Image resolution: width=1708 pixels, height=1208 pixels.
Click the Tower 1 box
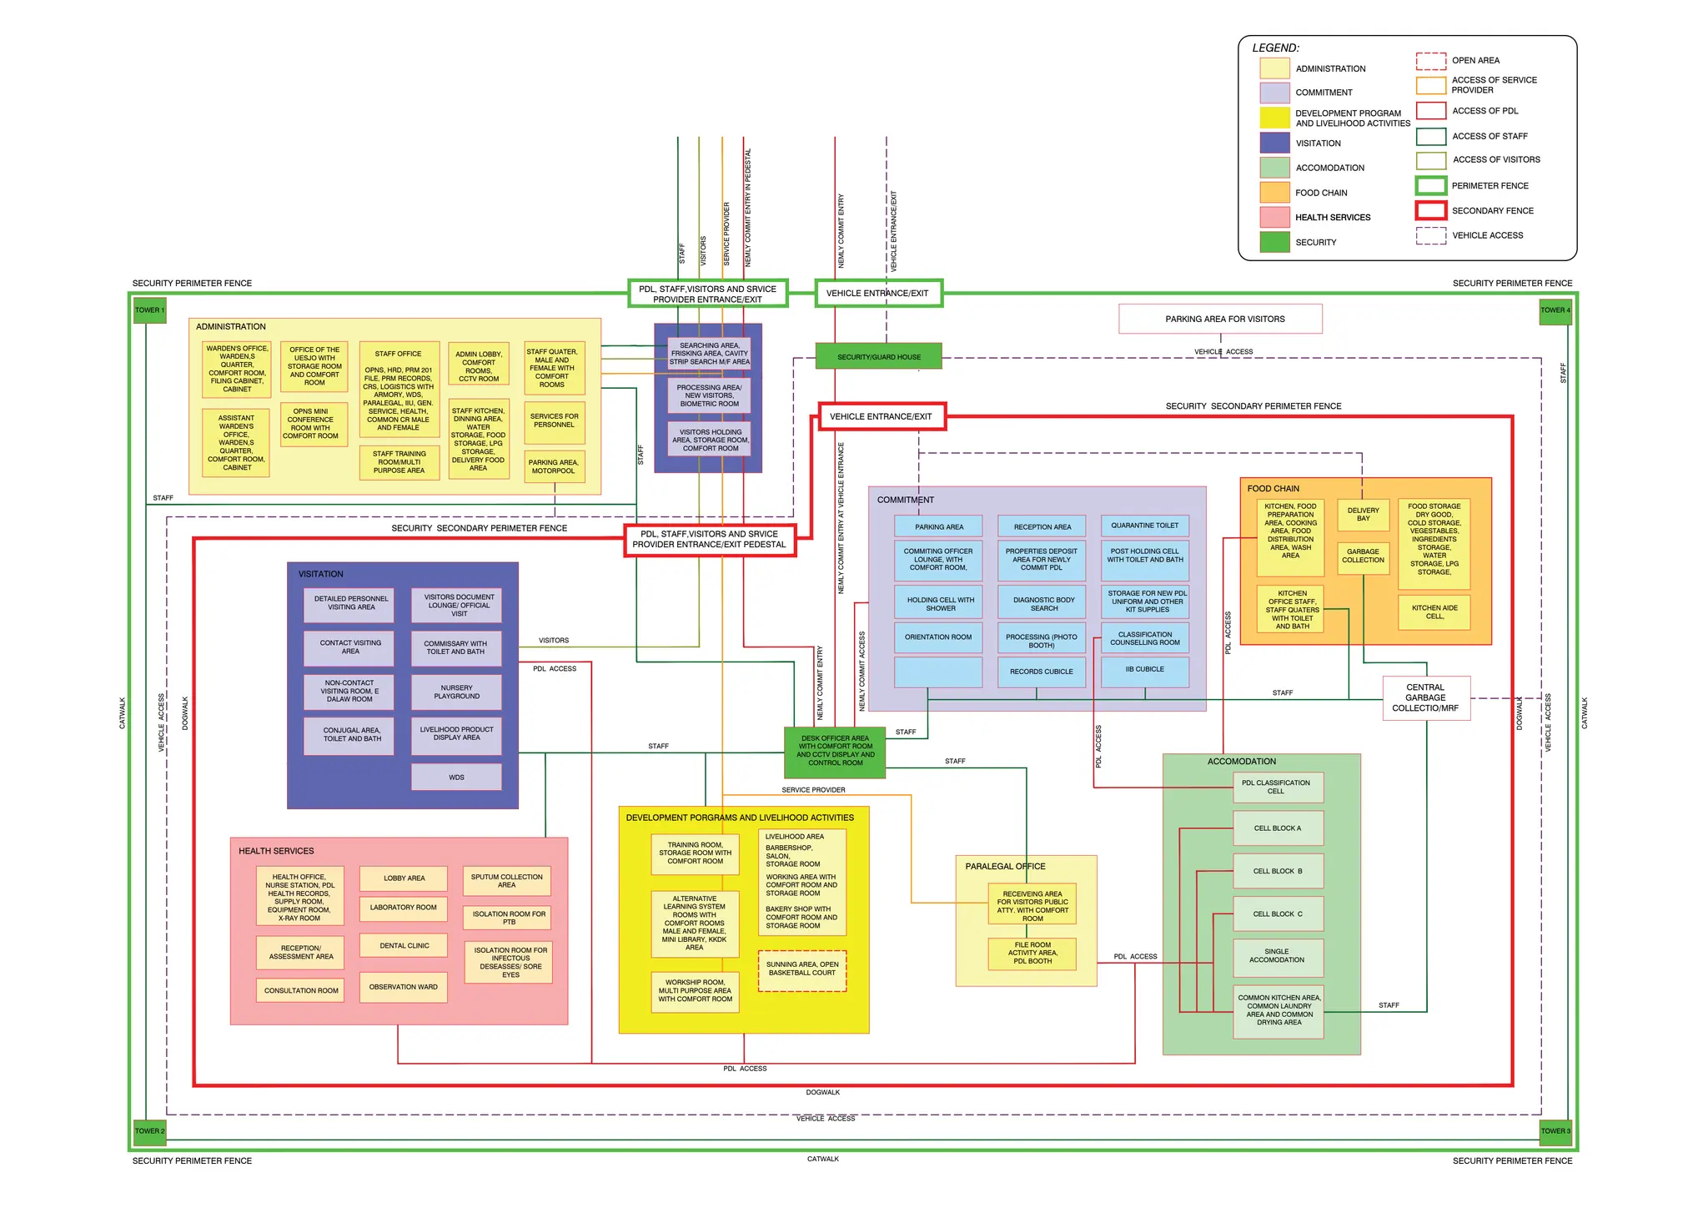pos(149,310)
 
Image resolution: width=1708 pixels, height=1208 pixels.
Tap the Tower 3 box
pos(1555,1131)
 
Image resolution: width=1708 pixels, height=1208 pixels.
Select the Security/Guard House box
pos(878,356)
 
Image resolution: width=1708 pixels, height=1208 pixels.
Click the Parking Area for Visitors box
pos(1220,319)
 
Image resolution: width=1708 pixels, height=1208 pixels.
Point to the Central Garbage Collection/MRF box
pos(1425,698)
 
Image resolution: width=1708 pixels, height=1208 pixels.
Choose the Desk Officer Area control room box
pos(835,751)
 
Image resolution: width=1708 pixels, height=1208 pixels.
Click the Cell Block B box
pos(1278,871)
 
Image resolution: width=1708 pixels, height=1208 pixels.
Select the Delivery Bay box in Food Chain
pos(1363,514)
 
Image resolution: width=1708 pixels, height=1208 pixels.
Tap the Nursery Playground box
pos(456,692)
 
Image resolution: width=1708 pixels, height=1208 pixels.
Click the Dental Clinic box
pos(404,945)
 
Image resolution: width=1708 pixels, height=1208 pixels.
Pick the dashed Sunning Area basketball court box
pos(801,970)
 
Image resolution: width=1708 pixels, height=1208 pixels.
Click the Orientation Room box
pos(938,637)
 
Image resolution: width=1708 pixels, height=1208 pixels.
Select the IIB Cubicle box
pos(1144,670)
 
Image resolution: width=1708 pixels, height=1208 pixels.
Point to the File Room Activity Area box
pos(1032,953)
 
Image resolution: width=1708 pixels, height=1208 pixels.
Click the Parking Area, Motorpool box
pos(553,466)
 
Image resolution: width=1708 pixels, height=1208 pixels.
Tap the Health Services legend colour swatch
pos(1274,217)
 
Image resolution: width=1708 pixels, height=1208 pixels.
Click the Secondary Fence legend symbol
pos(1430,210)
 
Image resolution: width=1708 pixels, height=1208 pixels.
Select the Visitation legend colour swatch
pos(1274,143)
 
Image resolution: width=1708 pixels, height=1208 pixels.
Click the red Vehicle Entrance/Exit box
pos(882,416)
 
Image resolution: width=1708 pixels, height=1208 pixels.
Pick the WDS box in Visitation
pos(456,777)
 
